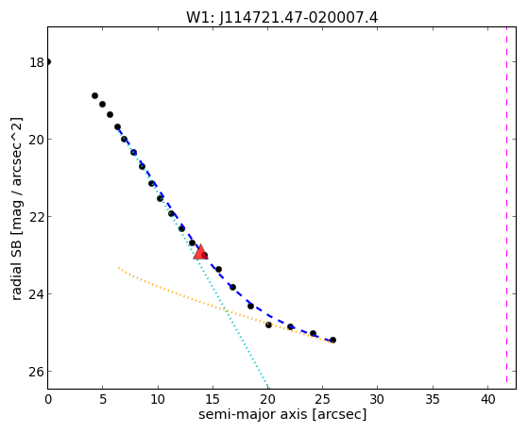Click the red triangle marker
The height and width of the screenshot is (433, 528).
point(200,252)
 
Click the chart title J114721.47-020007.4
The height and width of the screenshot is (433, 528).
point(298,18)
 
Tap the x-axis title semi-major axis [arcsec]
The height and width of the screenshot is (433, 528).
point(282,414)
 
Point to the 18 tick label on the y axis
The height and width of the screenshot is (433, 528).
point(37,62)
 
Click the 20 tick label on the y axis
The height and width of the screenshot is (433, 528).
point(37,140)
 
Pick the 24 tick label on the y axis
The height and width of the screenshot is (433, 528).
point(37,294)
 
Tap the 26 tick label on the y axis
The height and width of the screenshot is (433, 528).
point(37,372)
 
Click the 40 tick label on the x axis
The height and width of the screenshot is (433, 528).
point(487,400)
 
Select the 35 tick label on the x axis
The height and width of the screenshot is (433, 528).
point(433,400)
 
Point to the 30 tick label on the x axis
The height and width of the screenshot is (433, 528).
point(377,400)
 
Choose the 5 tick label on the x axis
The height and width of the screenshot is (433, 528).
point(103,400)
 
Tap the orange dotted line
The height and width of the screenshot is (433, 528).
point(226,309)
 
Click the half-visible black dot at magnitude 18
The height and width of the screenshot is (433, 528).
point(48,62)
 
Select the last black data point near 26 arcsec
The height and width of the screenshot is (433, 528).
point(332,341)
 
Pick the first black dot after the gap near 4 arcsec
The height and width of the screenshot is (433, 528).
point(95,96)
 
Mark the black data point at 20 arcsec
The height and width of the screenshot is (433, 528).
point(268,325)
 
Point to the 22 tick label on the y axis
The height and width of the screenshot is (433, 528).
point(37,217)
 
